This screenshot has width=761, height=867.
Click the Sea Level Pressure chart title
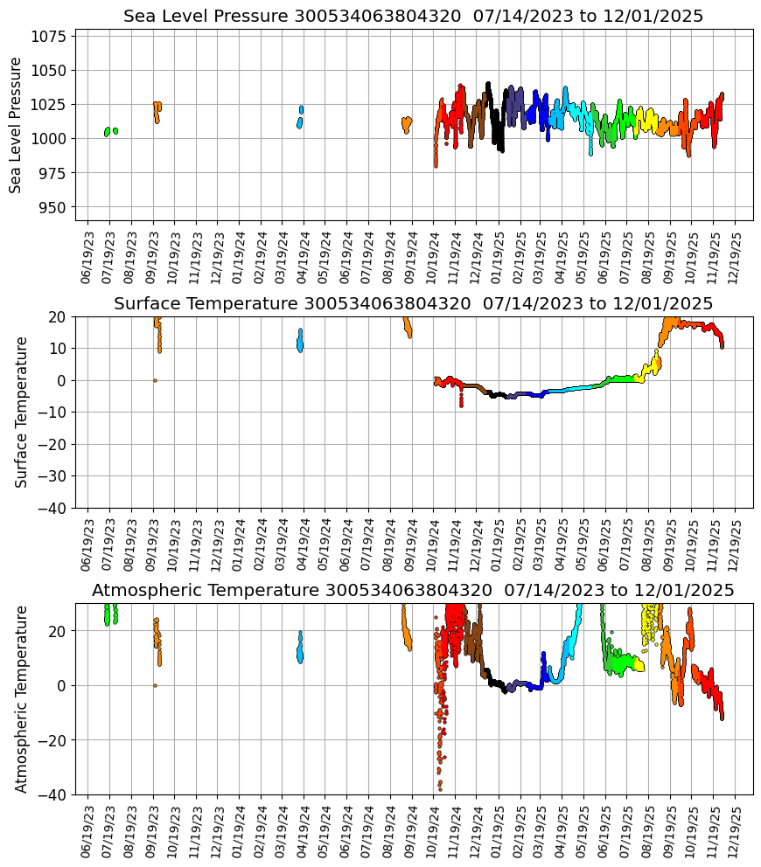(413, 17)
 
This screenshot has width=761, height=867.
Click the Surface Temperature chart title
(413, 303)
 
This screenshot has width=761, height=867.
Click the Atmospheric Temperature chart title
(413, 590)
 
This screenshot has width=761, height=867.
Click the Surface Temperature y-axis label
(22, 412)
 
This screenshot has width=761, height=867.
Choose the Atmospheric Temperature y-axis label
(22, 698)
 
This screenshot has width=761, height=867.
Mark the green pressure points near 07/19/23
(108, 132)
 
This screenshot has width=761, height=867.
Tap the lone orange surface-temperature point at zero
(155, 380)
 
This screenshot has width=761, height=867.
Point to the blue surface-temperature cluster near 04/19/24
(300, 340)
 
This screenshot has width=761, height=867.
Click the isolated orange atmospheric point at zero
(155, 685)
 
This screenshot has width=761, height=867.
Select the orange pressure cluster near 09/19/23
(157, 111)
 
